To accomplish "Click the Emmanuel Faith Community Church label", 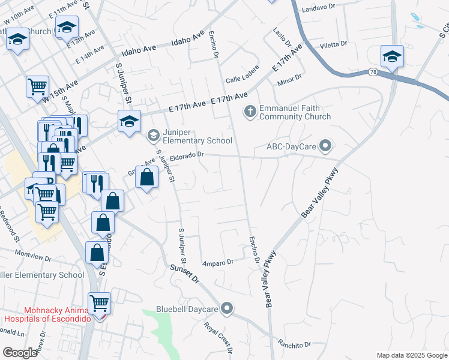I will (295, 113).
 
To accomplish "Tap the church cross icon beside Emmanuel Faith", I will (250, 111).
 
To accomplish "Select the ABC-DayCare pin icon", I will (326, 145).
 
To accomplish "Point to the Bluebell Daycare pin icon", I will (226, 308).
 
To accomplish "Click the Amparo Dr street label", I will (218, 263).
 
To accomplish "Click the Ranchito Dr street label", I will (294, 344).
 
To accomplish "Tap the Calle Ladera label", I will (241, 80).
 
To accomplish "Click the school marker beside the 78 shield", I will (392, 57).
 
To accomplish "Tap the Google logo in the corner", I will (20, 353).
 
